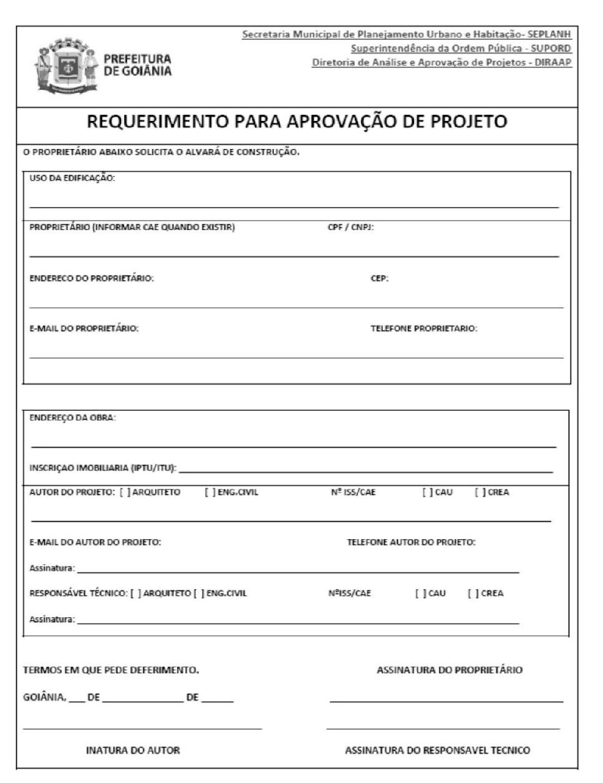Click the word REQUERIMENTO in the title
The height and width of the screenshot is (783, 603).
point(157,122)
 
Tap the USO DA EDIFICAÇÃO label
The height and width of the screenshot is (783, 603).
point(72,178)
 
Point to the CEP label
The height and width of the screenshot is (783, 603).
point(379,279)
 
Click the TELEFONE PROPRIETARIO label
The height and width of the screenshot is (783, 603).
point(424,329)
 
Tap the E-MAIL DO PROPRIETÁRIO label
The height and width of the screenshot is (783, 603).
point(84,329)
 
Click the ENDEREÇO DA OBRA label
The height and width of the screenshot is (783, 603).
point(72,418)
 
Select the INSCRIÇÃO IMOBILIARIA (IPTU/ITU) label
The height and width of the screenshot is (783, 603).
point(103,468)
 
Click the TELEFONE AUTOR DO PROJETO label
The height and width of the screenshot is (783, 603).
point(411,542)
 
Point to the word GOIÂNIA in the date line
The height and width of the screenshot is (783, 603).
point(44,698)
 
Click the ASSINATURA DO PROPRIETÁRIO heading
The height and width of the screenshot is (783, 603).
point(450,670)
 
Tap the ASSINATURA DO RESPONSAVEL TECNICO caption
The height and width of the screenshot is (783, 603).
point(438,751)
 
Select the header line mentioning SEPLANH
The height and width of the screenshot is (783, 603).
point(407,34)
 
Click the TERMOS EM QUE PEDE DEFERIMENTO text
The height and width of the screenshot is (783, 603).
point(111,670)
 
